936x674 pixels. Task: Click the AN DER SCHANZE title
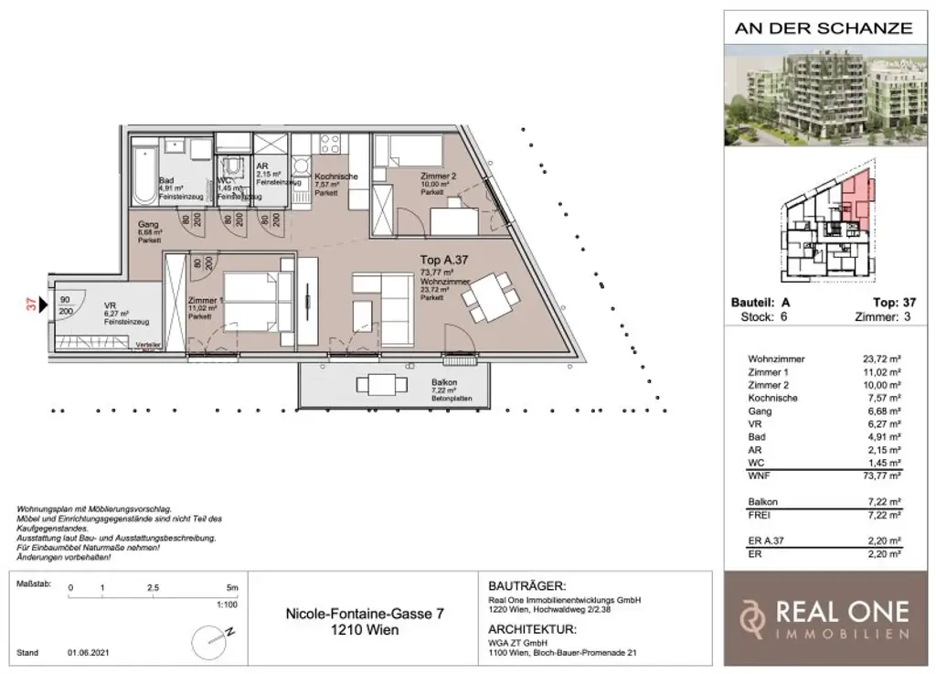[824, 27]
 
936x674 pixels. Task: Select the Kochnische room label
[335, 177]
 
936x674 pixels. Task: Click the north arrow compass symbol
[211, 637]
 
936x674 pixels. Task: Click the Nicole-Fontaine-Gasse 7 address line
[365, 615]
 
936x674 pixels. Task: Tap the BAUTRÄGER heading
[522, 586]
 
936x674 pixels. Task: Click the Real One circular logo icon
[751, 619]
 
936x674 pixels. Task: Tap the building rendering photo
[824, 94]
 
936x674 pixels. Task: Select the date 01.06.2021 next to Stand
[87, 653]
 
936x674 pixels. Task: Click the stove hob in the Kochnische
[329, 144]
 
